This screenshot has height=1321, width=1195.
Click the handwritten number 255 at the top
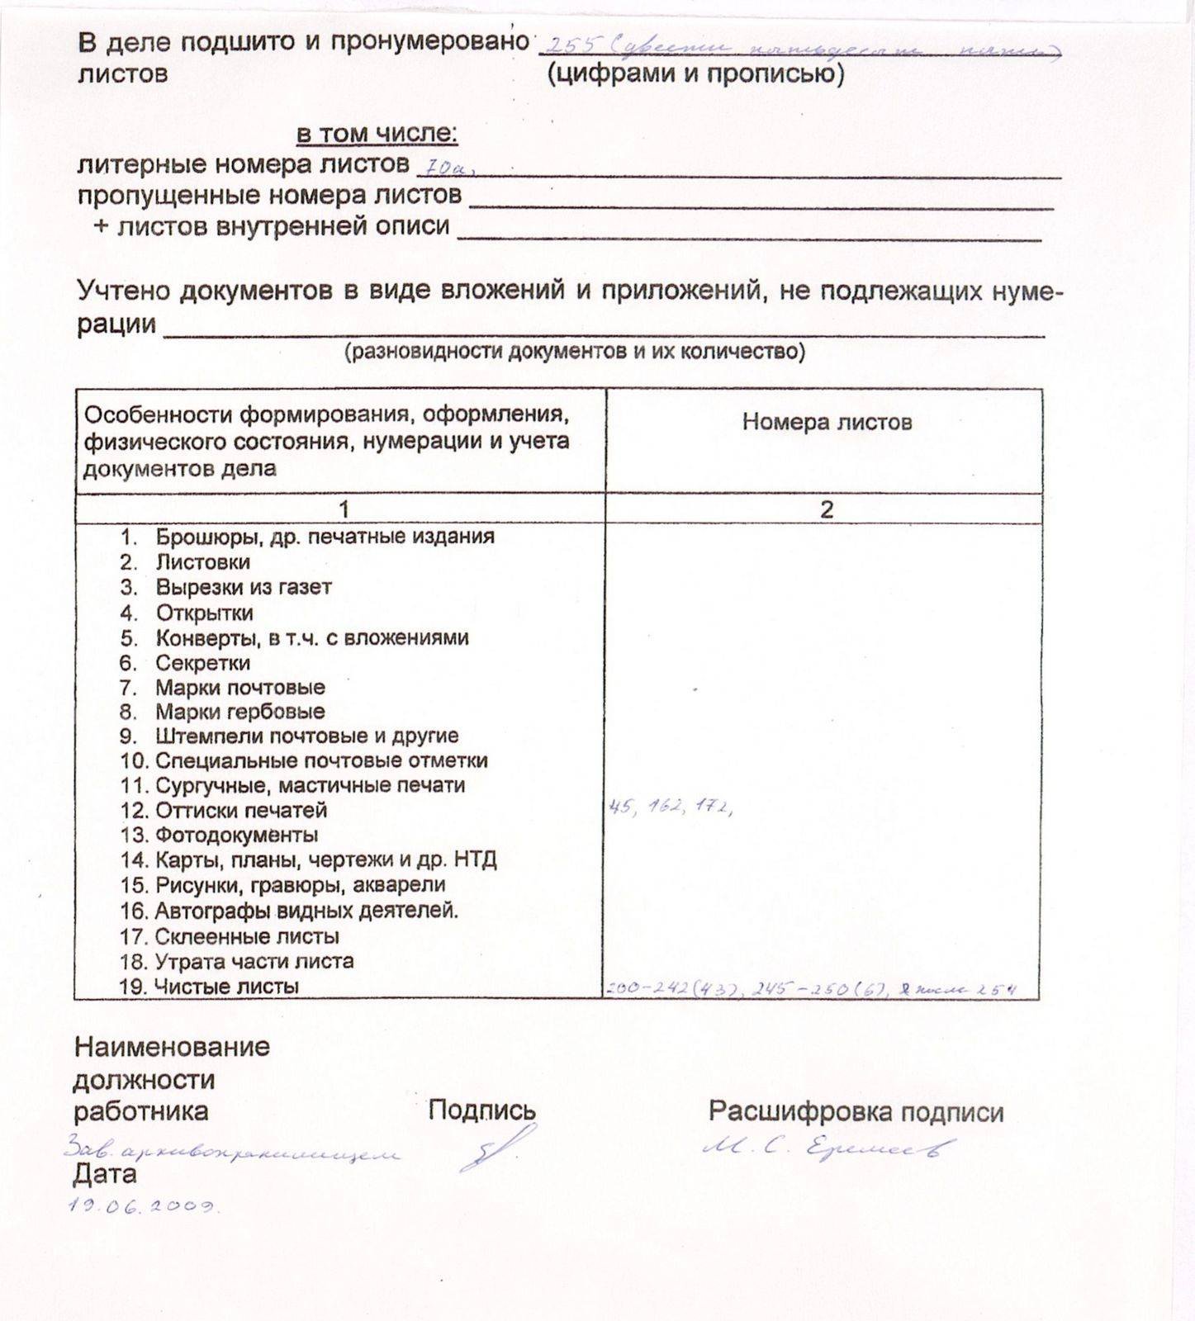[571, 45]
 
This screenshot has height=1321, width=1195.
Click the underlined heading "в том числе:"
[377, 133]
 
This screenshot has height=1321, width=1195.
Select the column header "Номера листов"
[827, 422]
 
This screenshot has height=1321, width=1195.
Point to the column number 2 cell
[826, 509]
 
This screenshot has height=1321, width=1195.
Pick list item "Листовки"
[202, 562]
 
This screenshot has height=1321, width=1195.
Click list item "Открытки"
[204, 613]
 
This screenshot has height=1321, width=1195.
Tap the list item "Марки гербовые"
[239, 711]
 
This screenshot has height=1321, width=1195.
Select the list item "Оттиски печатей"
[240, 810]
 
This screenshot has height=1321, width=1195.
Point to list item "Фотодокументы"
[236, 835]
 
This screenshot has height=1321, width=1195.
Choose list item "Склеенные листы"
[247, 936]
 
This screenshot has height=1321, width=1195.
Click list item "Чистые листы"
[227, 986]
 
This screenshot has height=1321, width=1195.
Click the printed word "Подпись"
[481, 1110]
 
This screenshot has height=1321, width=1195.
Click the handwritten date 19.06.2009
[142, 1205]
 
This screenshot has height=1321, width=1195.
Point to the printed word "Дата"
[105, 1173]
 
